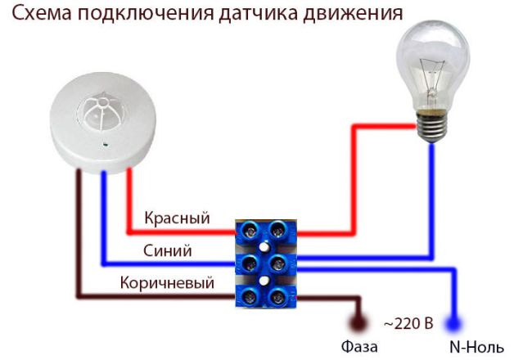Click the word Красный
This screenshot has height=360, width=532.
(177, 218)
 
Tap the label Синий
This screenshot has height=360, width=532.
(167, 250)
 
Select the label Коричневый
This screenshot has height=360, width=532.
(167, 283)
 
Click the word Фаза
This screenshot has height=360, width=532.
(359, 346)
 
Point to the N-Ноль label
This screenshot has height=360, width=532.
(476, 347)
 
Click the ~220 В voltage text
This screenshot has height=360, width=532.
(409, 323)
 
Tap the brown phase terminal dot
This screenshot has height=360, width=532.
(358, 322)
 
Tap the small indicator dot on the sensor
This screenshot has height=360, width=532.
(106, 146)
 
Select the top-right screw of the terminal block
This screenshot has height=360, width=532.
(278, 231)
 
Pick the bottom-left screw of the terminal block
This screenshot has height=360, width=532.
(250, 297)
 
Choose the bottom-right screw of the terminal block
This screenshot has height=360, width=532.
(278, 297)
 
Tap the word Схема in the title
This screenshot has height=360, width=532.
(43, 14)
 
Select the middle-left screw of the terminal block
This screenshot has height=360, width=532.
(250, 263)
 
